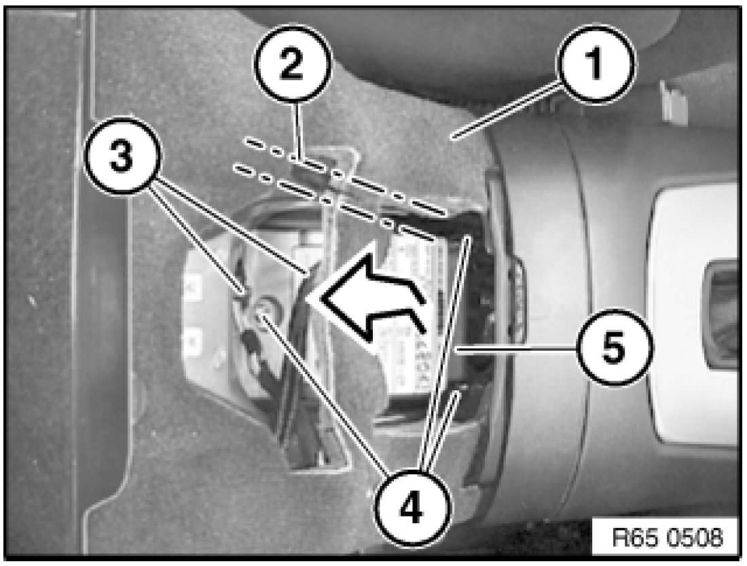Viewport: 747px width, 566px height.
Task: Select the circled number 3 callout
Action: [122, 157]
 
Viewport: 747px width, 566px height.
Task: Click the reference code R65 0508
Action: [667, 538]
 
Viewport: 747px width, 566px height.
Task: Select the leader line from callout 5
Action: [516, 350]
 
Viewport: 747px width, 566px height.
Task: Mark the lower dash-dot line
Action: [333, 202]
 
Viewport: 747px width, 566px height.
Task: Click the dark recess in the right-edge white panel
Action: [723, 314]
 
